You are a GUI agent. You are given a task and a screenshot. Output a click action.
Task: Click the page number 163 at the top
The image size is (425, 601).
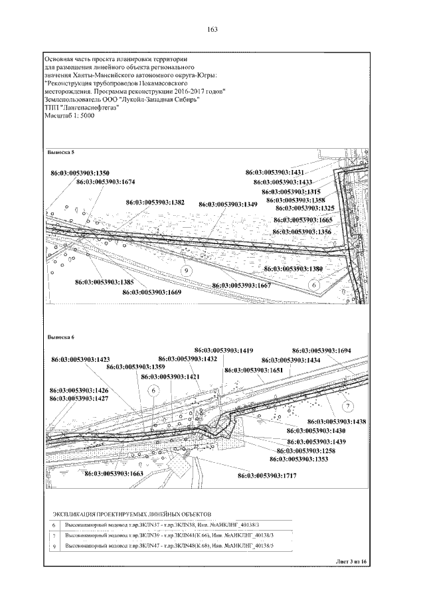pyautogui.click(x=212, y=29)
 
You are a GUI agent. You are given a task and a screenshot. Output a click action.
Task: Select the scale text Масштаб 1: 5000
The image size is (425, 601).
pyautogui.click(x=69, y=116)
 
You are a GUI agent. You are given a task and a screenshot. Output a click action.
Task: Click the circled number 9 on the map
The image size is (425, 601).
pyautogui.click(x=187, y=271)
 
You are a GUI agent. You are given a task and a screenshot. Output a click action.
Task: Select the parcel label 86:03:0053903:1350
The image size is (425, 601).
pyautogui.click(x=80, y=173)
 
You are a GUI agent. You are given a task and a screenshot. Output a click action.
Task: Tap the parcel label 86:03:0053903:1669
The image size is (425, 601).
pyautogui.click(x=152, y=292)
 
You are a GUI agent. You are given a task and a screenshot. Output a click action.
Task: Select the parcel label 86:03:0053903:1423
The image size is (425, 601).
pyautogui.click(x=80, y=359)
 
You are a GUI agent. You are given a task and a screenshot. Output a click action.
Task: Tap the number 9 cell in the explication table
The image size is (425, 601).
pyautogui.click(x=54, y=545)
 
